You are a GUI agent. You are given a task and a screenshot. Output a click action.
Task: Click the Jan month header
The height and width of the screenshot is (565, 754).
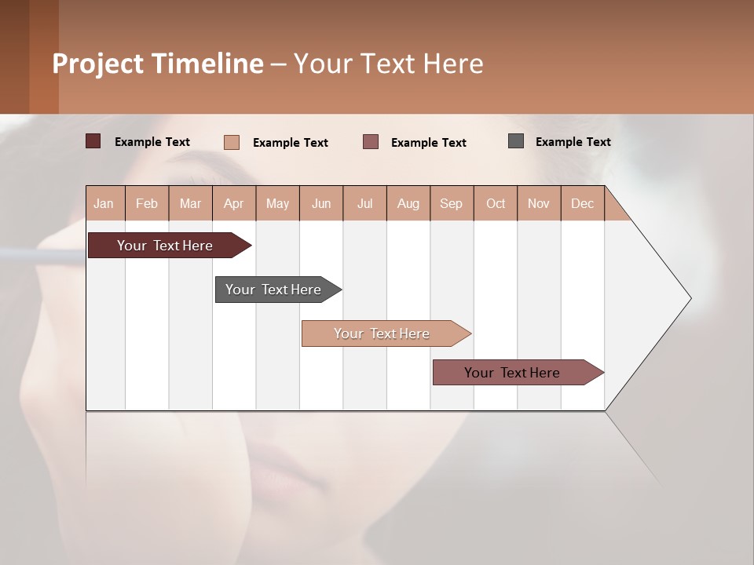(104, 203)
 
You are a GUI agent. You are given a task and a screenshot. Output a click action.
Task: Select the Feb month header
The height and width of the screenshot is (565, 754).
(147, 203)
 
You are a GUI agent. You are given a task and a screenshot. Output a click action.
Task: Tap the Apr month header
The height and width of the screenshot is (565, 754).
(234, 203)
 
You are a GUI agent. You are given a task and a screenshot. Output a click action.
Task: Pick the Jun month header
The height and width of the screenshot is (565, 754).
(321, 203)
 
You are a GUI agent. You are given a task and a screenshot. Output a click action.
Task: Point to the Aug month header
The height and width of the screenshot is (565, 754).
(408, 203)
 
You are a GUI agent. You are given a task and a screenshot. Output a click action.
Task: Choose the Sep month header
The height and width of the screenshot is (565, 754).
(452, 203)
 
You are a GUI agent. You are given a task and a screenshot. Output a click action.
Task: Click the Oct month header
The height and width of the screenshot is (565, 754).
(496, 203)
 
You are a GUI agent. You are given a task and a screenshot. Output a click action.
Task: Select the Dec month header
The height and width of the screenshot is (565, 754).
(583, 203)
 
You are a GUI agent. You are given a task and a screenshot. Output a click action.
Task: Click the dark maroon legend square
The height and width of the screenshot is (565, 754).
(93, 141)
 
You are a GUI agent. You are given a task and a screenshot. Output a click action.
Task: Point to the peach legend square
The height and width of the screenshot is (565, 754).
(232, 142)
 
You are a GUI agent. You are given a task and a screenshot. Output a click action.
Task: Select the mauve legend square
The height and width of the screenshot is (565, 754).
(371, 141)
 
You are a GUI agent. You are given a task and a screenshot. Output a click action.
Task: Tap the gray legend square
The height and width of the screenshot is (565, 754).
(516, 141)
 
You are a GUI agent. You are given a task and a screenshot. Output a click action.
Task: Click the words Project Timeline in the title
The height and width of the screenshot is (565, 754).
(158, 64)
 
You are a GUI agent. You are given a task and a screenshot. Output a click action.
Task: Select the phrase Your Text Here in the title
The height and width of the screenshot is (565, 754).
(389, 64)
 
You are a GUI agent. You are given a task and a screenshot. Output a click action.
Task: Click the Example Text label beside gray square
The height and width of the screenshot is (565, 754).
(573, 142)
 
